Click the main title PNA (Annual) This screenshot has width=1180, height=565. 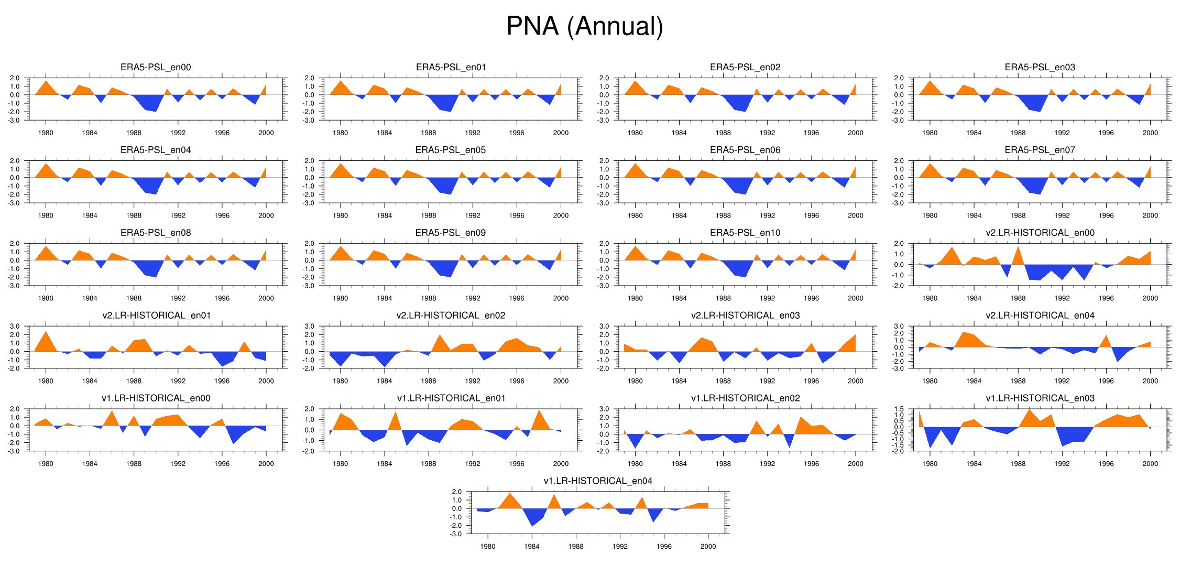[x=585, y=26]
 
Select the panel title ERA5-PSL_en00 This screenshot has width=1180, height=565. [x=156, y=67]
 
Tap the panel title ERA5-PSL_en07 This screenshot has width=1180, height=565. [x=1040, y=150]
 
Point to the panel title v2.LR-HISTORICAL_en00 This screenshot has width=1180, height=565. [x=1040, y=233]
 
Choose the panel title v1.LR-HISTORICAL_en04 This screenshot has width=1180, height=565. [x=598, y=481]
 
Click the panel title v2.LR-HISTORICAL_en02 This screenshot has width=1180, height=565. [x=451, y=316]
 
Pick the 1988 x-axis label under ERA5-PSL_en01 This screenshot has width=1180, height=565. [x=428, y=133]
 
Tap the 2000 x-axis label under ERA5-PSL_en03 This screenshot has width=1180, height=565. [x=1150, y=133]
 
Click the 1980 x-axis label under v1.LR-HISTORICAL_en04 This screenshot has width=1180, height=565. [x=487, y=547]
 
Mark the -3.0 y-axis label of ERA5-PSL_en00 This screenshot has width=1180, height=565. [x=14, y=121]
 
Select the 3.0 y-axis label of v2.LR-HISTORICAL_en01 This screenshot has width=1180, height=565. [x=14, y=326]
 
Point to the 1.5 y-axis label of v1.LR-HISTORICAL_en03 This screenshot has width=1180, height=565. [x=899, y=409]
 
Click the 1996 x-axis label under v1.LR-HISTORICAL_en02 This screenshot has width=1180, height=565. [x=811, y=464]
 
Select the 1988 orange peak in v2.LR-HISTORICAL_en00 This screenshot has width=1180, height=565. [x=1018, y=256]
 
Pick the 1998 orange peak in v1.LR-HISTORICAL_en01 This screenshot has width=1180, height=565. [x=539, y=419]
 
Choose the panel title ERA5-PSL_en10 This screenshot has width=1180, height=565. [x=745, y=233]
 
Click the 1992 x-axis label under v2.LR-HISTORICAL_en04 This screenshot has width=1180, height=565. [x=1062, y=381]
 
